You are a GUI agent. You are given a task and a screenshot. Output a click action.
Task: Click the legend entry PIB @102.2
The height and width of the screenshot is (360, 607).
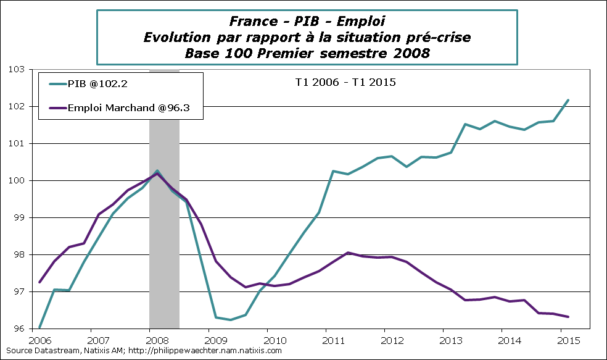(x=98, y=85)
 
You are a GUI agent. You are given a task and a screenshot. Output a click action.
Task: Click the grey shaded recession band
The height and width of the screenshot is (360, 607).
(x=164, y=247)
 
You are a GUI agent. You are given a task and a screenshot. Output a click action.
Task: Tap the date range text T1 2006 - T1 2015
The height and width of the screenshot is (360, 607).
(x=344, y=82)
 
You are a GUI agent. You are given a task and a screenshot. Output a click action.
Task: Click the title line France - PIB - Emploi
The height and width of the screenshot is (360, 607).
(x=307, y=22)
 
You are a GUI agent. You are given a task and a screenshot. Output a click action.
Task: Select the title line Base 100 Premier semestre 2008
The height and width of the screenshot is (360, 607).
(x=307, y=53)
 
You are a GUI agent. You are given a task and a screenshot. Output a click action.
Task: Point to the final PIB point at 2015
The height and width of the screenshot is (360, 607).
(x=568, y=100)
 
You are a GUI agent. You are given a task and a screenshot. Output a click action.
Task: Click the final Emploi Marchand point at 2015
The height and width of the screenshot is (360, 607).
(x=568, y=317)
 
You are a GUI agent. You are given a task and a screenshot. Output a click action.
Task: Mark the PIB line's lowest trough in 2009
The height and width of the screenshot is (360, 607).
(x=230, y=320)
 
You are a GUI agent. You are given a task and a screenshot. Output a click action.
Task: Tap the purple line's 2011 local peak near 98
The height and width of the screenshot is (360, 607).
(x=348, y=253)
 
